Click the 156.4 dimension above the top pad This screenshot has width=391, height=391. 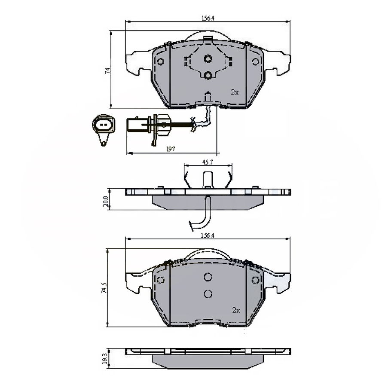click(208, 18)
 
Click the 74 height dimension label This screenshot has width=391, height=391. click(108, 70)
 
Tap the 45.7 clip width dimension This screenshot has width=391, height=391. click(208, 162)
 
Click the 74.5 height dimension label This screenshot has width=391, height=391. click(104, 287)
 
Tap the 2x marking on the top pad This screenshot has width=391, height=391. click(234, 92)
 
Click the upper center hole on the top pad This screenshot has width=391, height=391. click(208, 59)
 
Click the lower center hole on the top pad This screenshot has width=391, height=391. click(208, 76)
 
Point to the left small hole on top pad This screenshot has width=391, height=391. click(160, 61)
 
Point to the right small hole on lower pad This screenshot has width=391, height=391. click(256, 280)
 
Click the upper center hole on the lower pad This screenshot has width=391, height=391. click(208, 277)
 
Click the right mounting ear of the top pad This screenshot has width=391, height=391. click(278, 63)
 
